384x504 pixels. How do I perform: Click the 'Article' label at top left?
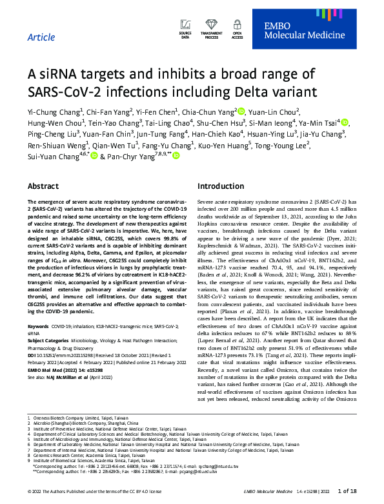point(41,37)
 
